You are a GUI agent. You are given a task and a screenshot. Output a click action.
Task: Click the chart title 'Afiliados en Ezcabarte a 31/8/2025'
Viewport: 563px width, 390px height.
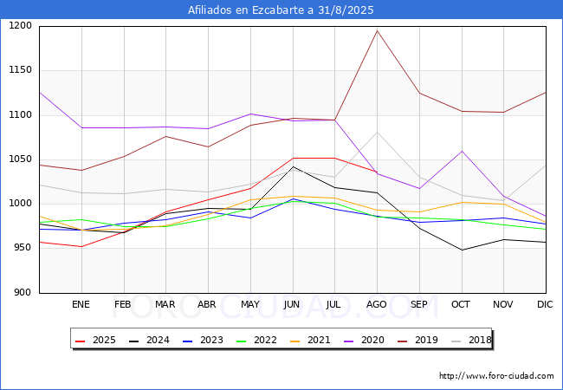(281, 10)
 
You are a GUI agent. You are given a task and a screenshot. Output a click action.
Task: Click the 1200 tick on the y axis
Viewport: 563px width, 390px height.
(20, 26)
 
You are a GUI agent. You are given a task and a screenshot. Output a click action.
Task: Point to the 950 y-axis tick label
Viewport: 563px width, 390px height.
(23, 248)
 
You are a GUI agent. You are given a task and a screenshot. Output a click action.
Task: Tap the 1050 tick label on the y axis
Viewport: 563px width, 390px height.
(20, 159)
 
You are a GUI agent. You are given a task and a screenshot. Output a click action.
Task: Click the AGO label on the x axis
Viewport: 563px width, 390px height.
(377, 305)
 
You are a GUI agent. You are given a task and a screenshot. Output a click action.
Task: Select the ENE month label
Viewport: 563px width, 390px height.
(81, 305)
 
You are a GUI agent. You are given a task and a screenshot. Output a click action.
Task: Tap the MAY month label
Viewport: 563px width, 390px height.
(249, 305)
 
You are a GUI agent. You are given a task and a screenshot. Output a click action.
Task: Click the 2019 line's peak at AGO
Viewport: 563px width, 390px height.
(377, 31)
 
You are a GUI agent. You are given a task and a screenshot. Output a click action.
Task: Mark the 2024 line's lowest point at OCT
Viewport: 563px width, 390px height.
(462, 250)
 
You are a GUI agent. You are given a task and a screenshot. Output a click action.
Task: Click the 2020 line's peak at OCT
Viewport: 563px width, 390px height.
(462, 152)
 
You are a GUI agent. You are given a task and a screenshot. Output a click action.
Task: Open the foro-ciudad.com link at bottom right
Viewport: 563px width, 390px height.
(496, 376)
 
